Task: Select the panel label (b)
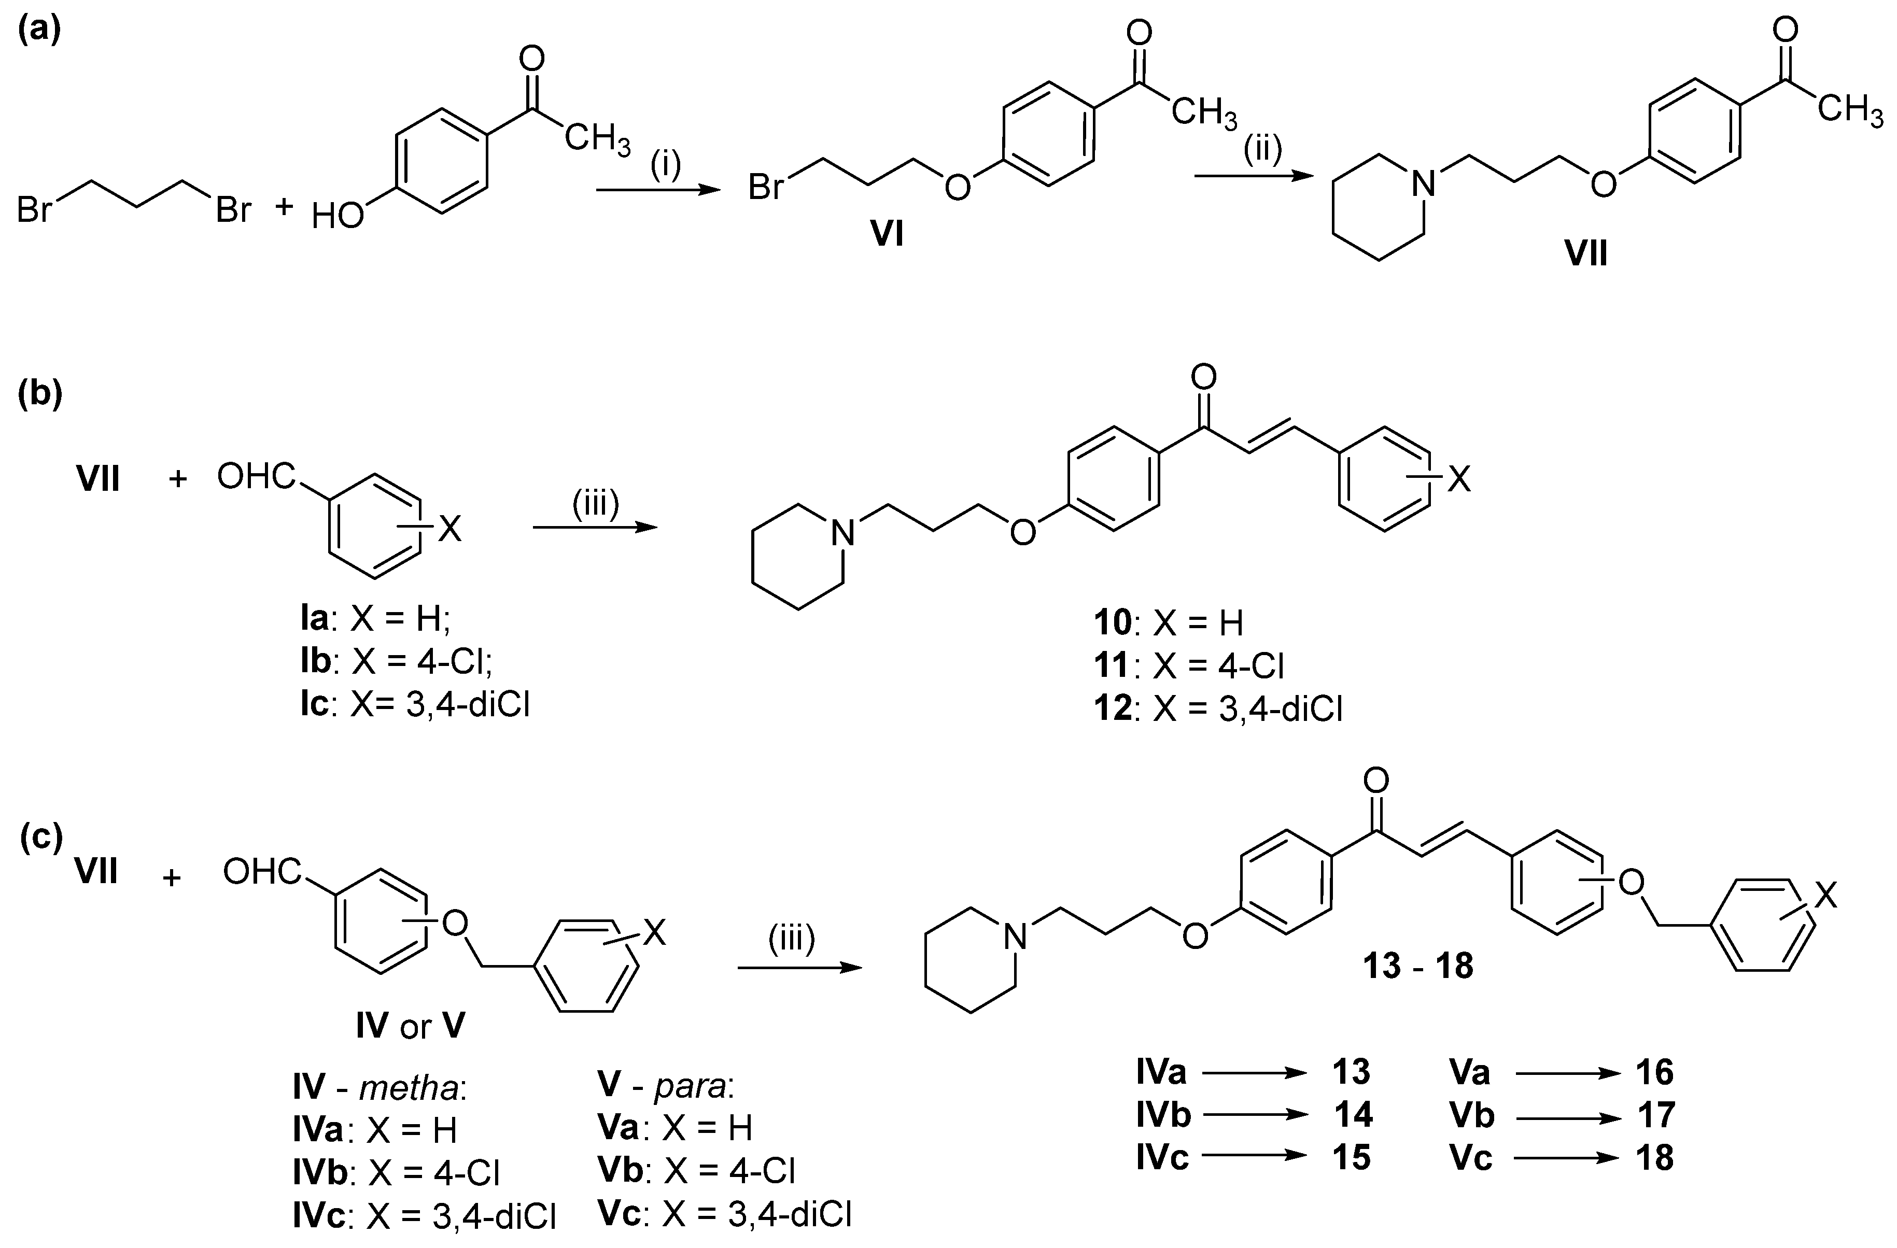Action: click(x=40, y=395)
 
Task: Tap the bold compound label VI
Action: click(x=887, y=236)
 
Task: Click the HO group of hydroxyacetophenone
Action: click(x=337, y=215)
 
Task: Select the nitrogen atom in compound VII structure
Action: click(x=1423, y=186)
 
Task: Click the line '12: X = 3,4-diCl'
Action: click(x=1217, y=707)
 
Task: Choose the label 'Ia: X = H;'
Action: click(x=375, y=619)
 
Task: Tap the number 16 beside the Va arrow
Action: click(x=1655, y=1073)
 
